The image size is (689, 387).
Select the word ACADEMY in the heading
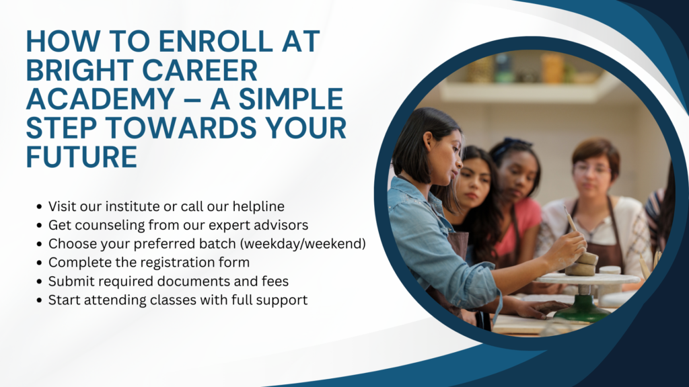(100, 99)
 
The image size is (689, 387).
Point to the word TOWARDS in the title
(182, 128)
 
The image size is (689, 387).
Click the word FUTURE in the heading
(81, 157)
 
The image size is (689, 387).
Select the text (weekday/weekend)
(302, 243)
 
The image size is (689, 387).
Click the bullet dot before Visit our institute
(40, 207)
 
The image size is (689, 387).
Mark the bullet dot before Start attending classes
(40, 300)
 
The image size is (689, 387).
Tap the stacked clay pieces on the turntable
(582, 264)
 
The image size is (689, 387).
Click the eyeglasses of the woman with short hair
(591, 168)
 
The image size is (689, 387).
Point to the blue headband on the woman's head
(510, 146)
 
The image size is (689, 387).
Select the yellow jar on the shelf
(552, 68)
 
